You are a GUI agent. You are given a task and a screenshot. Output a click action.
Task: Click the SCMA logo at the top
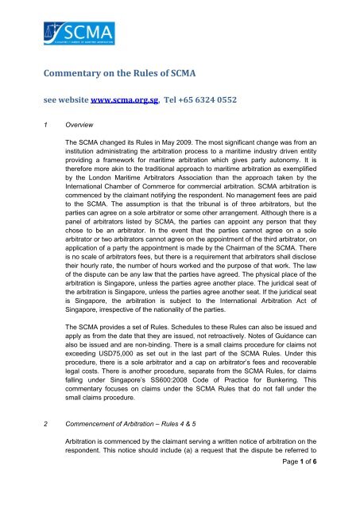(56, 37)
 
